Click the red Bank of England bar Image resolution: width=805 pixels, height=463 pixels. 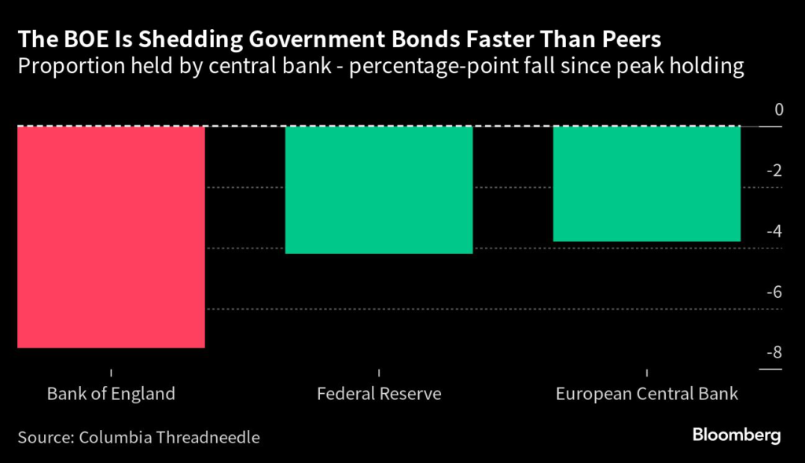pyautogui.click(x=111, y=236)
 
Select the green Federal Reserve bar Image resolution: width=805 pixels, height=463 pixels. pyautogui.click(x=378, y=189)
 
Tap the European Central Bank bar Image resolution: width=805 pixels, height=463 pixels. pyautogui.click(x=646, y=183)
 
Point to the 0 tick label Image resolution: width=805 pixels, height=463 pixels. pyautogui.click(x=779, y=110)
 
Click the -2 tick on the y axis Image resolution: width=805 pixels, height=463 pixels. pyautogui.click(x=775, y=171)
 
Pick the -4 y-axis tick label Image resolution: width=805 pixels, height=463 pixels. pyautogui.click(x=775, y=231)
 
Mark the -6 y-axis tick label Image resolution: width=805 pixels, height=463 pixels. pyautogui.click(x=775, y=292)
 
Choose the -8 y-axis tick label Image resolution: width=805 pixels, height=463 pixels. pyautogui.click(x=775, y=352)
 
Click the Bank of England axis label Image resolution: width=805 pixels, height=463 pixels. pyautogui.click(x=111, y=394)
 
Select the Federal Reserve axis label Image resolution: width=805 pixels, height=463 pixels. pyautogui.click(x=379, y=394)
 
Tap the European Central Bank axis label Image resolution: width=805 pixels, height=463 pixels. pyautogui.click(x=647, y=394)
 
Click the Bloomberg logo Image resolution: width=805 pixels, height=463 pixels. pyautogui.click(x=736, y=435)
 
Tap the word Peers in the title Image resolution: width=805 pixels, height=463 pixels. pyautogui.click(x=630, y=39)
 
